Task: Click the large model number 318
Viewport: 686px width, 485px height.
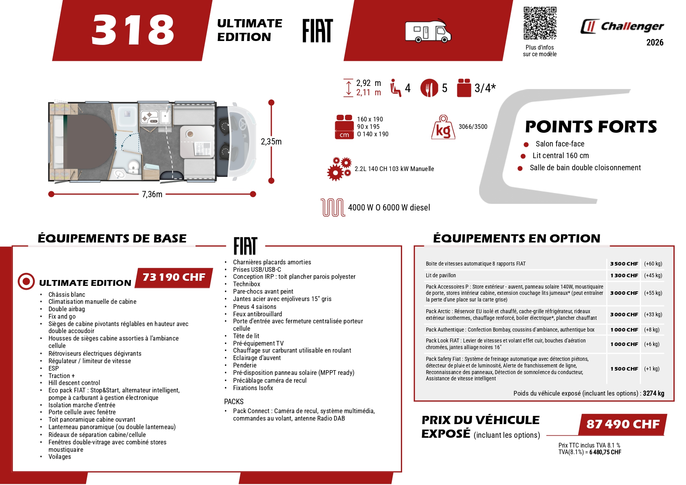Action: tap(133, 30)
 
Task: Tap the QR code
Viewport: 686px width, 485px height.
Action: tap(540, 23)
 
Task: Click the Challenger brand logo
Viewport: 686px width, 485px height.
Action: tap(622, 26)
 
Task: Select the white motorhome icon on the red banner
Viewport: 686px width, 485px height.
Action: tap(428, 31)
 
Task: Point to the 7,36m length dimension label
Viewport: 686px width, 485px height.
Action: tap(152, 194)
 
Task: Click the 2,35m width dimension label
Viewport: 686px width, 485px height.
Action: tap(271, 142)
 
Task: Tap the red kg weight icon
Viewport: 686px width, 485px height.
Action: tap(443, 127)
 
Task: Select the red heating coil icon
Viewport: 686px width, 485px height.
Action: tap(332, 207)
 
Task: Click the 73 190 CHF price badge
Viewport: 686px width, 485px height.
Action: tap(174, 277)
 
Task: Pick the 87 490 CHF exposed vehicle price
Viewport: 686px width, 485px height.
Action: tap(623, 424)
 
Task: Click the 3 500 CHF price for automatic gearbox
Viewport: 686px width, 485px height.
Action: tap(624, 264)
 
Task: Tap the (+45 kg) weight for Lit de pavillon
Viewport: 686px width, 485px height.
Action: tap(653, 276)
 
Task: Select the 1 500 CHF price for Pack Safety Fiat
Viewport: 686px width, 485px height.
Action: tap(624, 369)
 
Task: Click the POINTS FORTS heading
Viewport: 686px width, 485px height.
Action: tap(591, 127)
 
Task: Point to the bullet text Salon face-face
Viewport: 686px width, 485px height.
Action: tap(560, 144)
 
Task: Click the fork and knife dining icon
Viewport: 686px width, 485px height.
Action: tap(429, 88)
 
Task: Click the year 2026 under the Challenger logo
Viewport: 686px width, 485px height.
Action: tap(655, 43)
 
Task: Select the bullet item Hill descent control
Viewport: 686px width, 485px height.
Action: tap(74, 383)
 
